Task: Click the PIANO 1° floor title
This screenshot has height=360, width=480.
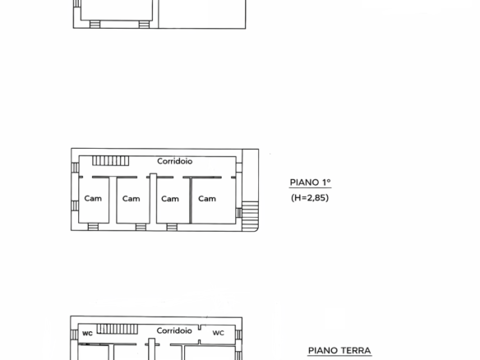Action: pyautogui.click(x=310, y=182)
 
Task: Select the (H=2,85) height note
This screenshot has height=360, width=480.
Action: pyautogui.click(x=310, y=198)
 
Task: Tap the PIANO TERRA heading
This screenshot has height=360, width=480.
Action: pyautogui.click(x=339, y=350)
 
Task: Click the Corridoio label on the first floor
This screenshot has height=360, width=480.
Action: pyautogui.click(x=175, y=161)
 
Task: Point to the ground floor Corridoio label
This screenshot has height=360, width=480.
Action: pyautogui.click(x=174, y=330)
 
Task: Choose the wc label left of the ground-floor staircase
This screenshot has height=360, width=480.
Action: pyautogui.click(x=87, y=333)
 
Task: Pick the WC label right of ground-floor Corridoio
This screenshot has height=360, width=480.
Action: pyautogui.click(x=219, y=333)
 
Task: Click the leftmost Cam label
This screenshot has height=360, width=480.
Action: pyautogui.click(x=93, y=198)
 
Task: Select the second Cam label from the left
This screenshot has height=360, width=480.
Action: pyautogui.click(x=131, y=199)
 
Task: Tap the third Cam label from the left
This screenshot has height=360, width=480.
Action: pyautogui.click(x=170, y=199)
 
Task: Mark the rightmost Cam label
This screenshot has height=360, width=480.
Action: pyautogui.click(x=207, y=199)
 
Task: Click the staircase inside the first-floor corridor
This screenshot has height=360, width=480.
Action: pyautogui.click(x=110, y=161)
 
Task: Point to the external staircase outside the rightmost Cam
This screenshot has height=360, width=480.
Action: pyautogui.click(x=250, y=215)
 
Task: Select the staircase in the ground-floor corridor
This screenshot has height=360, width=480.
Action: pyautogui.click(x=118, y=329)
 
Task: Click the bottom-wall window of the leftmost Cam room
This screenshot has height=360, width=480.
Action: pyautogui.click(x=93, y=227)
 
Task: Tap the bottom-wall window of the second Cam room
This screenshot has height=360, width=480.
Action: pyautogui.click(x=141, y=227)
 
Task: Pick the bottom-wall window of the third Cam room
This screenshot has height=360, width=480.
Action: pyautogui.click(x=172, y=227)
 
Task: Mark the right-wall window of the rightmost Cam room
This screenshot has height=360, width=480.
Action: pyautogui.click(x=239, y=213)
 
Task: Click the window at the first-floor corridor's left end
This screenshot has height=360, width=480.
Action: pyautogui.click(x=75, y=168)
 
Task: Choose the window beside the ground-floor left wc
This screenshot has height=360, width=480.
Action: pyautogui.click(x=75, y=335)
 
